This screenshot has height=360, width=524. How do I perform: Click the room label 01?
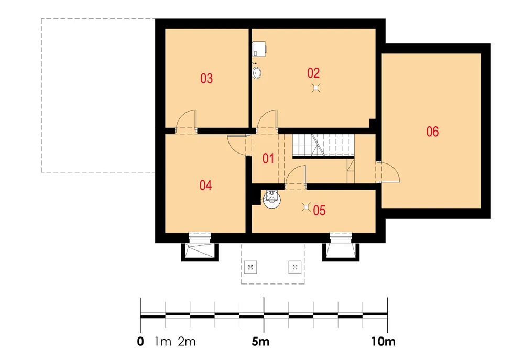pos(268,158)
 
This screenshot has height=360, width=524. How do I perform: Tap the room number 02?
pos(313,73)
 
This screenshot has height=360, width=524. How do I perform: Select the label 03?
pos(206,79)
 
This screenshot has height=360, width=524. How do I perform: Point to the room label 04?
pos(205,185)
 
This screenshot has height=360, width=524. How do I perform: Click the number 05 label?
pos(319,211)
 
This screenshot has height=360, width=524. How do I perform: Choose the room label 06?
pos(432,132)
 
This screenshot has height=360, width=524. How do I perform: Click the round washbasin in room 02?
pos(257,73)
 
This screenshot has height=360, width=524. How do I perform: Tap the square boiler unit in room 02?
pos(259,48)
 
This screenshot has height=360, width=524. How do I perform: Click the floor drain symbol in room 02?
pos(316,88)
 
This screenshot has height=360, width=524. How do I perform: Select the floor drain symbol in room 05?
pos(306,207)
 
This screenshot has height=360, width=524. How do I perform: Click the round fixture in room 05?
pos(271,200)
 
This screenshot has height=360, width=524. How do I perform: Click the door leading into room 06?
pos(388,172)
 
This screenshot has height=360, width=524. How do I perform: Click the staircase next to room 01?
pos(323,145)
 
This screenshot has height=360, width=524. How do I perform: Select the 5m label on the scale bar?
pos(260,342)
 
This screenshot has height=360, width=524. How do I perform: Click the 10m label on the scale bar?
pos(383,342)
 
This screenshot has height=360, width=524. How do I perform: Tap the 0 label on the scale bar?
pos(140,342)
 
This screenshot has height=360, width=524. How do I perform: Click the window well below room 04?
pos(200,252)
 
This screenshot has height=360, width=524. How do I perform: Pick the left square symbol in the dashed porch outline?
pos(250,267)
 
